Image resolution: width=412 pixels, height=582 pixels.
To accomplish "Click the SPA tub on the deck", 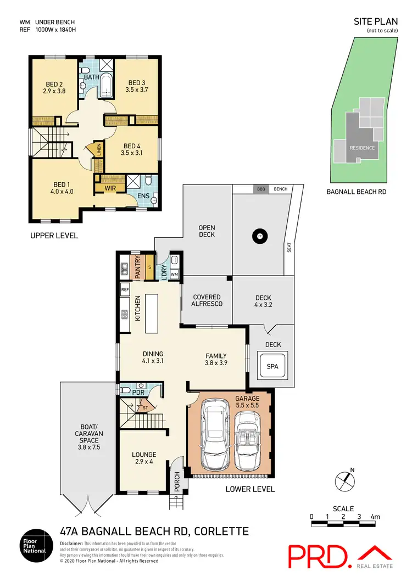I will tap(272, 366).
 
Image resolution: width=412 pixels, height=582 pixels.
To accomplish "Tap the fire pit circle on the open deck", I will tap(259, 237).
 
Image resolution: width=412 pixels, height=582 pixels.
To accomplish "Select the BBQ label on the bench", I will tap(260, 188).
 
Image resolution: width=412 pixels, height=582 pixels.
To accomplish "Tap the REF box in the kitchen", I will tap(125, 289).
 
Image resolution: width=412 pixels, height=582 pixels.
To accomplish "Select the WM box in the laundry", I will tap(174, 273).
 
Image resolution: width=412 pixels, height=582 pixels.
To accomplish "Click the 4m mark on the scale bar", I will tap(375, 517).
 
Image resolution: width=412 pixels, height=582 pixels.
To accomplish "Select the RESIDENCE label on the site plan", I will tap(363, 148).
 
